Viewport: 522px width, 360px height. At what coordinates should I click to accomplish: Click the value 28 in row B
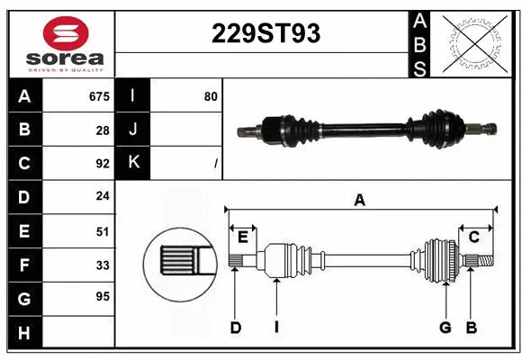[103, 130]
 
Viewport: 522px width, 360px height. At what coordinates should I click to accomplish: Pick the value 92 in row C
[103, 164]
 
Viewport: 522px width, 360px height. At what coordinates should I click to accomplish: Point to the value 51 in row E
[103, 231]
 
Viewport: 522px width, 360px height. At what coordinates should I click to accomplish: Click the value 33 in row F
[103, 265]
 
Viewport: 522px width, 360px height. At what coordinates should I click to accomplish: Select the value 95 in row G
[103, 296]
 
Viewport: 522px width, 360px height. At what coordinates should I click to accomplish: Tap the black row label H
[24, 333]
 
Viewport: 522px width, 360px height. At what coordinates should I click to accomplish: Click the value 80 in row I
[211, 96]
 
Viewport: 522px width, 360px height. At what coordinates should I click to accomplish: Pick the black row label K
[133, 163]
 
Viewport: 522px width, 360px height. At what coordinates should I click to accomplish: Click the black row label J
[133, 130]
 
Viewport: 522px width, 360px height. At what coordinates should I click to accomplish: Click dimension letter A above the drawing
[360, 201]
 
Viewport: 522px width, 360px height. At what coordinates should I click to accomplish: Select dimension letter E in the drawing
[243, 237]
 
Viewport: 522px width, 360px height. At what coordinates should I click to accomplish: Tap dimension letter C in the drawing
[473, 237]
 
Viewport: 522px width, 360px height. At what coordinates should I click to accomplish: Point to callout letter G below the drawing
[445, 328]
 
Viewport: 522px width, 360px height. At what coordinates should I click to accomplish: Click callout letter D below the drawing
[235, 328]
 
